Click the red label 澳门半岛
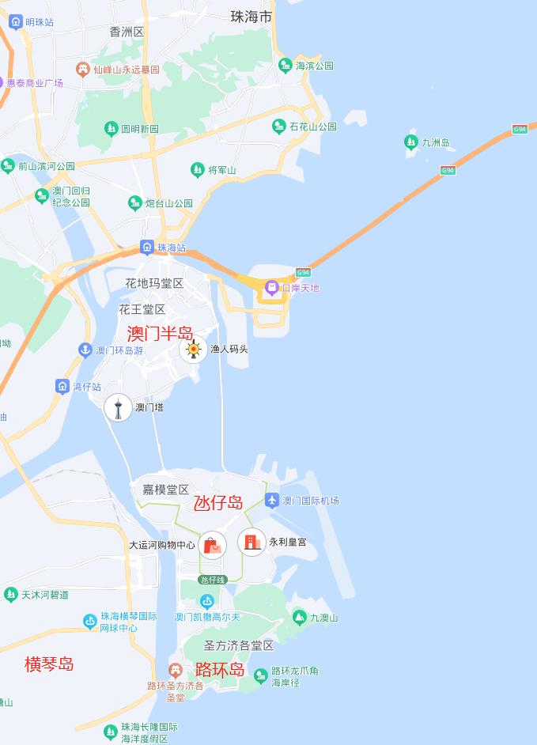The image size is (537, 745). pos(160,334)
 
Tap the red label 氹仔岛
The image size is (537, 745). pos(218,502)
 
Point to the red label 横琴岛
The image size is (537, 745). pos(49,664)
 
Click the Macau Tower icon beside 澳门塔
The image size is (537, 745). pos(119,407)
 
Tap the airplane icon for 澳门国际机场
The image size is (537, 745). pos(272,500)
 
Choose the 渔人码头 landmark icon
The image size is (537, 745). pos(193,349)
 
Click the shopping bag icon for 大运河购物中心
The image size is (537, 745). pos(212,545)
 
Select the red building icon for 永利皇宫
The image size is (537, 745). pos(251,542)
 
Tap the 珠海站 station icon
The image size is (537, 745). pos(147,248)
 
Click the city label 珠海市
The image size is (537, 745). pos(251,16)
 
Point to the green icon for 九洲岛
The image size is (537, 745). pos(410,142)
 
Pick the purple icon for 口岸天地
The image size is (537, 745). pos(271,287)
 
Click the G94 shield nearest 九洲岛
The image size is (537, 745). pos(448,170)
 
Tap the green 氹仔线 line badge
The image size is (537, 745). pos(212,580)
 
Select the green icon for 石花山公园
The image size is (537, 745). pos(278,126)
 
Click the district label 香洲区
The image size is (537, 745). pos(127,32)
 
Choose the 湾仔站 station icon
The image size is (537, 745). pos(62,386)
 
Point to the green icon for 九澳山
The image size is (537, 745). pos(299,617)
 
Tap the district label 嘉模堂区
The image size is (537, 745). pos(165,490)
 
